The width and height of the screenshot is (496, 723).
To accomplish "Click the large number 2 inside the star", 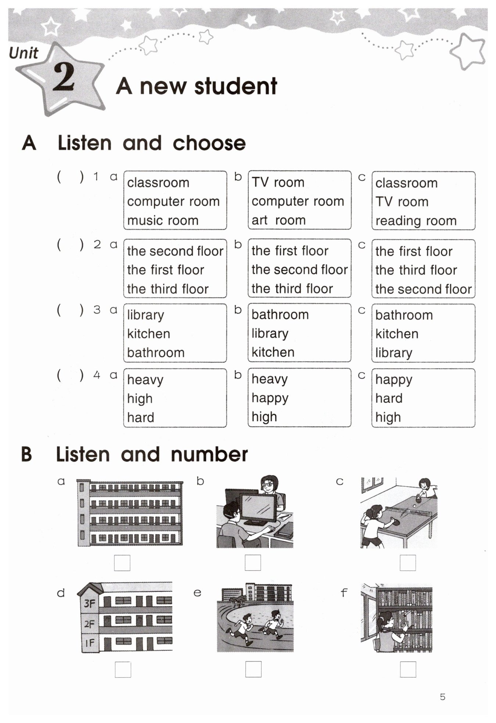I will coord(64,78).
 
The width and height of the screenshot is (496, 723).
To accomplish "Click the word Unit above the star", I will coord(23,54).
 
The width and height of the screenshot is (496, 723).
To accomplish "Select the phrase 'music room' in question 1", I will coord(163,220).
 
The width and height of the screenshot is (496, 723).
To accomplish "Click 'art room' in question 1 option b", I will coord(278,220).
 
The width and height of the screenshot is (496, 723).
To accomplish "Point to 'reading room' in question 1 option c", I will coord(416,221).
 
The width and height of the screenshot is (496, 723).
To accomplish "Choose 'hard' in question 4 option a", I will coord(140,417).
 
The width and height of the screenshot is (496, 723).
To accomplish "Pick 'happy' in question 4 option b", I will coord(270,398).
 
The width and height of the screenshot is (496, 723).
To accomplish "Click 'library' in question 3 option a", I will coord(145,315).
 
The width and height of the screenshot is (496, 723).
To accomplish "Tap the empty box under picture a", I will coord(122,562).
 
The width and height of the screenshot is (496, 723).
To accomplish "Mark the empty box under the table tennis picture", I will coord(407,562).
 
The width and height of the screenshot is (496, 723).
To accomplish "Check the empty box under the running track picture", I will coord(253,669).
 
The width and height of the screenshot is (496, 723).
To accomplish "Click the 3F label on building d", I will coord(90,604).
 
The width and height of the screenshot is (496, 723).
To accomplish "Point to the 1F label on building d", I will coord(90,643).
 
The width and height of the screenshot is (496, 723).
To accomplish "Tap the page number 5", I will coord(442,697).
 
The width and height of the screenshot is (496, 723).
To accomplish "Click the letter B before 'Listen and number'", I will coord(26,454).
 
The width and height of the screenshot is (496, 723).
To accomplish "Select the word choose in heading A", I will coord(209,143).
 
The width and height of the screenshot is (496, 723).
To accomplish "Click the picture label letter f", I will coord(344,592).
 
